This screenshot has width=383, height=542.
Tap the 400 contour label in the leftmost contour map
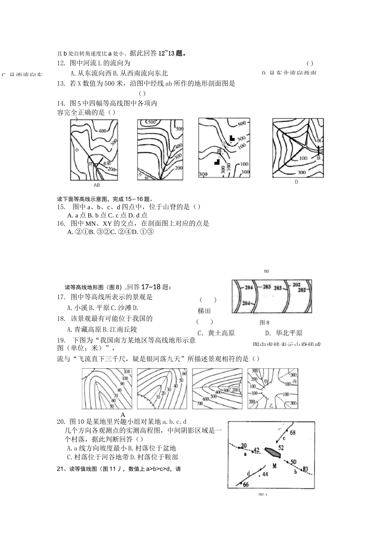102,131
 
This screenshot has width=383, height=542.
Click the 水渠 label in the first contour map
106,164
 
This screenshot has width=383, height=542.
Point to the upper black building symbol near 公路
232,138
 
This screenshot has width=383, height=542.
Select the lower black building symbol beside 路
217,162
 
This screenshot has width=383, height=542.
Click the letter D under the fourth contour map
296,182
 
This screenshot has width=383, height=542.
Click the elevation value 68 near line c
292,433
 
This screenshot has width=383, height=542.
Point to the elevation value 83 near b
305,469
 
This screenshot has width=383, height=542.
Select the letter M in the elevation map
274,466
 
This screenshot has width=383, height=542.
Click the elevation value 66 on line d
246,484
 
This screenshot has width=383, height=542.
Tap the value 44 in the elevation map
265,474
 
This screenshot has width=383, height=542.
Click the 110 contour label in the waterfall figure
127,371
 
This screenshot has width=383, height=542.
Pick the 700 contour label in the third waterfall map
199,403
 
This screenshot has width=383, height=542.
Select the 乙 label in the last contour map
271,404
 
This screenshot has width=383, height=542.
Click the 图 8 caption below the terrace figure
264,322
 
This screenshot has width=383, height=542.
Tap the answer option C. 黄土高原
216,333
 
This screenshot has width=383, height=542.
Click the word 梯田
204,311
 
